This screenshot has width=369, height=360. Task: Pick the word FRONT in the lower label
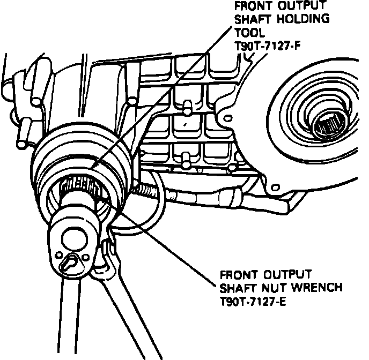click(237, 274)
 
